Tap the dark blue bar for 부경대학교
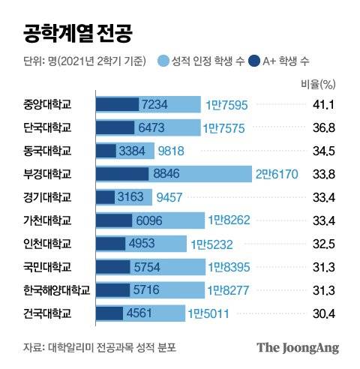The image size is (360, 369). pyautogui.click(x=122, y=174)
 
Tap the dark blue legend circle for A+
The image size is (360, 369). pyautogui.click(x=254, y=59)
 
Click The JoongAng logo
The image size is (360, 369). pyautogui.click(x=298, y=348)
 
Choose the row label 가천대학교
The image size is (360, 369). pyautogui.click(x=47, y=220)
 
